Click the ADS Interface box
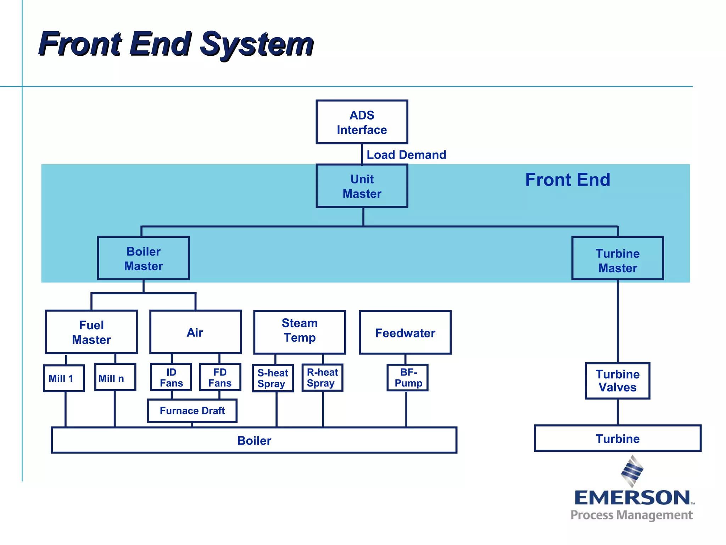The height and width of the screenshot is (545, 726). (362, 122)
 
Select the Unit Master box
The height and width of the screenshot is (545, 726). (362, 186)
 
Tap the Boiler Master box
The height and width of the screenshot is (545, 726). (143, 258)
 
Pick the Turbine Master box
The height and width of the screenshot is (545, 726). (618, 258)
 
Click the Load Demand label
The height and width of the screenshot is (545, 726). (406, 155)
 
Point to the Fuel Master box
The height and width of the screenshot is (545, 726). (91, 332)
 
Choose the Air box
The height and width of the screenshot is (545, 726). (195, 332)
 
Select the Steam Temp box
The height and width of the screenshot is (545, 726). (300, 332)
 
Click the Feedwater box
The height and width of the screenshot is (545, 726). (405, 332)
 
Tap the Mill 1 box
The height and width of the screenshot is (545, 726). (64, 378)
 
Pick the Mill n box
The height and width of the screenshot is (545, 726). (115, 378)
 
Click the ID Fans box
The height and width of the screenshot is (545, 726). (171, 377)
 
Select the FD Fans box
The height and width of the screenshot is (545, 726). (220, 377)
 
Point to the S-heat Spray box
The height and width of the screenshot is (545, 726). (273, 378)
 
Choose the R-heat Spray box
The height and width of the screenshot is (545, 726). (322, 378)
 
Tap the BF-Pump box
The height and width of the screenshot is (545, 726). (408, 378)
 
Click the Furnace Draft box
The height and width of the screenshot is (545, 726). (192, 411)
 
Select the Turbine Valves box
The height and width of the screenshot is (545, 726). (618, 381)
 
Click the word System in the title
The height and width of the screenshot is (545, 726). (257, 44)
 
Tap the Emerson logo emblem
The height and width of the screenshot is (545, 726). (632, 471)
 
